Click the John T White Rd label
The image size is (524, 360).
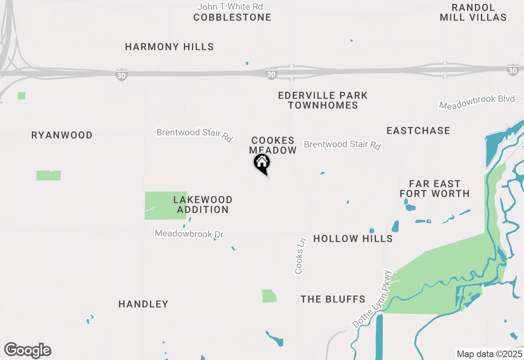coord(230,7)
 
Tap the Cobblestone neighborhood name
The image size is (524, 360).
coord(232,18)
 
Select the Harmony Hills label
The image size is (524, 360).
coord(169,47)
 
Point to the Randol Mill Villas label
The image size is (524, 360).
coord(473,13)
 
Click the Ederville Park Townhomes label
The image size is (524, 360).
coord(323,100)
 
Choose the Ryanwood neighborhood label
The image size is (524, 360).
coord(62,135)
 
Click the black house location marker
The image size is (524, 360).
coord(262,163)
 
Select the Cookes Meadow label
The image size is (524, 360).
coord(273,146)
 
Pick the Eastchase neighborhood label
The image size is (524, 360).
coord(418,131)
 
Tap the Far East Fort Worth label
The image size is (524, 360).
coord(434,189)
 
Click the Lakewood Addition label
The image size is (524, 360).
coord(203,205)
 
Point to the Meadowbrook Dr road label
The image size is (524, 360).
coord(189,234)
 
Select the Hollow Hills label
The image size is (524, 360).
coord(353,239)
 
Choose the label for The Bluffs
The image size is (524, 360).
coord(333,299)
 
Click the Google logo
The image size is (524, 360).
coord(27,351)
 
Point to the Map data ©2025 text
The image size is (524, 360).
coord(489,354)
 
